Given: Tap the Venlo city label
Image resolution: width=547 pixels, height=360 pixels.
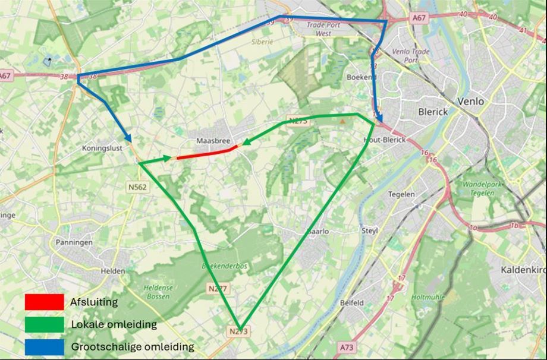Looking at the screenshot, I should pos(470,102).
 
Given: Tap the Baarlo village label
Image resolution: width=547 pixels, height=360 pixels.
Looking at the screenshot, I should pos(318,232).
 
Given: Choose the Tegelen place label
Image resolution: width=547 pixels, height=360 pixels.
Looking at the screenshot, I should pos(401,194).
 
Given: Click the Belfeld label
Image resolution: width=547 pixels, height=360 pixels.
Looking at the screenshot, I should pos(352,302).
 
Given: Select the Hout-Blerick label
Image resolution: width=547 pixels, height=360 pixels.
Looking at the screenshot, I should pos(383,140).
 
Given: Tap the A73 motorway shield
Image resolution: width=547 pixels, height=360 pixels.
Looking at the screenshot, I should pos(347,346).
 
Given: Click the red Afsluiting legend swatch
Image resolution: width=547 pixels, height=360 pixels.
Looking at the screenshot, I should pos(44,302).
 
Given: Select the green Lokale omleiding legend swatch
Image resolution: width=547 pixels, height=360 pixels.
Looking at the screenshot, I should pos(44,324).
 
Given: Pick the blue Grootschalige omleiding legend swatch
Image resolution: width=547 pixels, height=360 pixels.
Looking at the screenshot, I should pos(44,346).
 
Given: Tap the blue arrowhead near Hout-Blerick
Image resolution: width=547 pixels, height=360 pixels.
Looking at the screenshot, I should pos(379,118).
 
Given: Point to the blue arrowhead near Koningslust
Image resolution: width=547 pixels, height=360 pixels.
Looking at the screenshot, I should pos(128,138).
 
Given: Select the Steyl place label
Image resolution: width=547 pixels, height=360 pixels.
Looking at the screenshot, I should pos(370,230).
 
